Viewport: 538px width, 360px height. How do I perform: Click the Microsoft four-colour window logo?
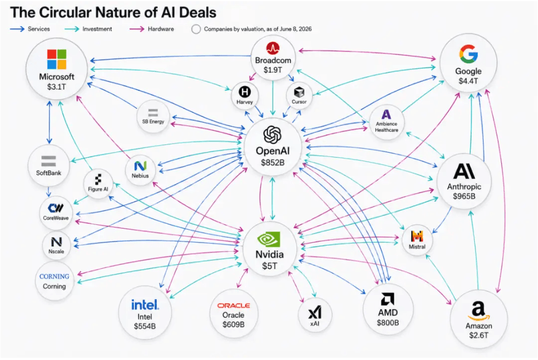click(x=56, y=59)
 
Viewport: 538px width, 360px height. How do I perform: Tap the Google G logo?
click(x=468, y=54)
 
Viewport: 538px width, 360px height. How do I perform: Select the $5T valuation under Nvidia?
click(x=270, y=266)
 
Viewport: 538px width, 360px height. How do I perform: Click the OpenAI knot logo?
click(x=272, y=134)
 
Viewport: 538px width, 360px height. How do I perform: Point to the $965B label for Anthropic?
click(x=464, y=196)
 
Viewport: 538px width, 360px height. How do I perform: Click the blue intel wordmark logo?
click(x=145, y=305)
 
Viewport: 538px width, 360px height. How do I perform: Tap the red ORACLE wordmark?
click(x=234, y=305)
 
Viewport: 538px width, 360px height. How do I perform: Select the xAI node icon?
click(x=315, y=312)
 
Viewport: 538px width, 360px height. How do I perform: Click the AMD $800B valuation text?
click(x=388, y=323)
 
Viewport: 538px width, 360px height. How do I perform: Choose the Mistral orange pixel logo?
click(x=417, y=236)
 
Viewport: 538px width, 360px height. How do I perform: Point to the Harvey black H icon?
click(x=244, y=92)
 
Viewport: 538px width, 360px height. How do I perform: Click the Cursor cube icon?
click(x=299, y=92)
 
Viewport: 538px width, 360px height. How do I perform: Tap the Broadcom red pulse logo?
click(x=273, y=48)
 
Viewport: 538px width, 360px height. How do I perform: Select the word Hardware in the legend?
click(x=161, y=29)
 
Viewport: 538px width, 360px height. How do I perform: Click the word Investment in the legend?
click(x=97, y=29)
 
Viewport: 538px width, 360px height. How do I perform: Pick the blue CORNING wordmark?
click(x=54, y=276)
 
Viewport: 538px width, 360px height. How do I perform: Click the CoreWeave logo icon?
click(x=55, y=208)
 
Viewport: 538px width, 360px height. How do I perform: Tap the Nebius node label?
click(x=140, y=176)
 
